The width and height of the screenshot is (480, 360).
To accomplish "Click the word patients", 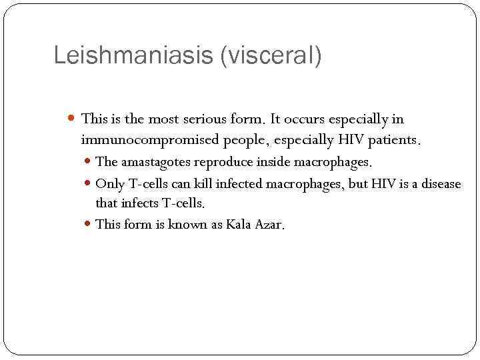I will tap(398, 140).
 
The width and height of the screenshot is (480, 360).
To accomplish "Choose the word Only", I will tap(110, 183).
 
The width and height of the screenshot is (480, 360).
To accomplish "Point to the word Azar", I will tap(270, 224).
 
